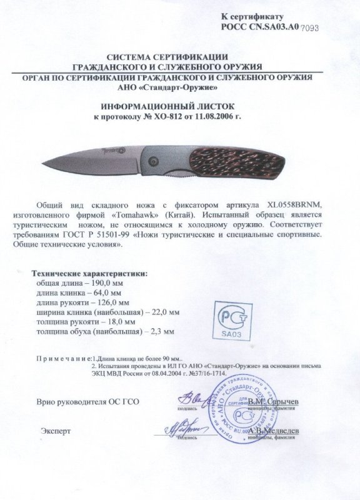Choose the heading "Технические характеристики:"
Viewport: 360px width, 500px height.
coord(91,273)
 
